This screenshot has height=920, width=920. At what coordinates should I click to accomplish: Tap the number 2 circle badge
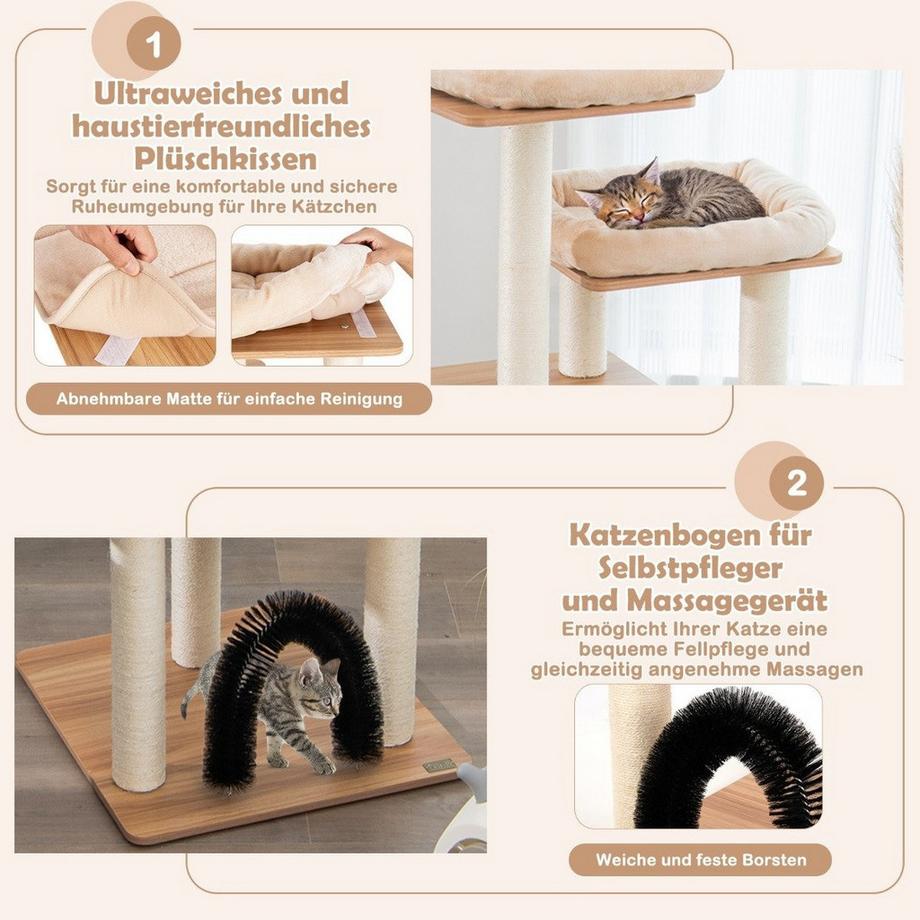(796, 485)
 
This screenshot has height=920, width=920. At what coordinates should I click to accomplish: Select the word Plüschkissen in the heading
(226, 158)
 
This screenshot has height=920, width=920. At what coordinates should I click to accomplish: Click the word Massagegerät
(742, 600)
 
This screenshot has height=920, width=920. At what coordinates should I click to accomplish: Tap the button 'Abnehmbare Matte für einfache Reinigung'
(229, 399)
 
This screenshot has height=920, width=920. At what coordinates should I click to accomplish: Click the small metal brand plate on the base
(438, 766)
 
